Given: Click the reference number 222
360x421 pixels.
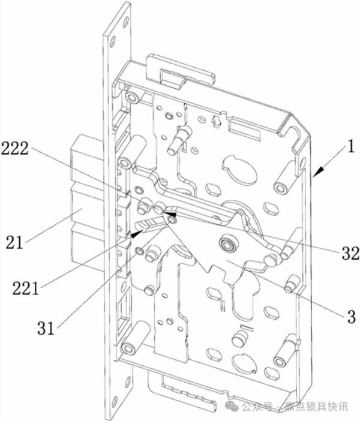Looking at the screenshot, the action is tap(15, 149).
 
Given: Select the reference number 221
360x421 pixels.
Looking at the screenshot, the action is tap(26, 288).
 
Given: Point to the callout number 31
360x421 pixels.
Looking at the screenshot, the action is tap(46, 328).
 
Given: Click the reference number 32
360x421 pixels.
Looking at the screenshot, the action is tap(350, 253).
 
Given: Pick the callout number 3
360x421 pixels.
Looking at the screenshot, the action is tap(352, 317).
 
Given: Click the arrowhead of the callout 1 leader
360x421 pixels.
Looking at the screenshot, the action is tap(317, 172).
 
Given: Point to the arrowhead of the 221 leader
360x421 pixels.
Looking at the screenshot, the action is tap(136, 234).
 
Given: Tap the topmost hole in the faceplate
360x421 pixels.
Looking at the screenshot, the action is tap(125, 22).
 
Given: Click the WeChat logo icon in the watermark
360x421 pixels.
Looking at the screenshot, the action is tap(232, 407).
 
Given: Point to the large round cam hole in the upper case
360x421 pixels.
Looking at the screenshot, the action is tap(240, 169).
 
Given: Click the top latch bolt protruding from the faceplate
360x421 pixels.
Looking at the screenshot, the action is tap(86, 158).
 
